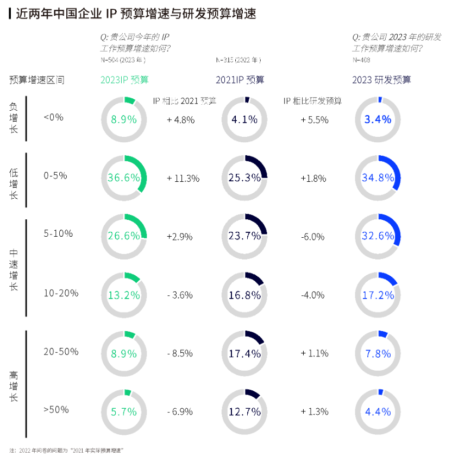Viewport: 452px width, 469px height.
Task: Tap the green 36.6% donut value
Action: point(124,178)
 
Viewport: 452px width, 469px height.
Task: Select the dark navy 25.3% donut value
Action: point(244,178)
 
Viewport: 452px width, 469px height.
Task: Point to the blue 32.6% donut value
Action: point(378,236)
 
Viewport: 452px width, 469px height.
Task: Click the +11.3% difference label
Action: point(183,178)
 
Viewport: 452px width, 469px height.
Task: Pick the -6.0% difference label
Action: point(312,237)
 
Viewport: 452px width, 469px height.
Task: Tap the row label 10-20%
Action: point(61,293)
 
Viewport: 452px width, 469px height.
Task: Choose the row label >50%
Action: point(56,409)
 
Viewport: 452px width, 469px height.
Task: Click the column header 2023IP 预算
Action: point(124,80)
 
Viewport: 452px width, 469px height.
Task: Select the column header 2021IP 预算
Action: point(240,80)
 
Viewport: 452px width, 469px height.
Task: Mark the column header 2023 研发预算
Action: point(381,80)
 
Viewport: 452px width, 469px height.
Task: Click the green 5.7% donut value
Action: point(124,412)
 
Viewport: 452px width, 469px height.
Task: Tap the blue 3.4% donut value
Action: point(378,119)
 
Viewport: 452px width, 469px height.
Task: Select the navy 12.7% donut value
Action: point(244,412)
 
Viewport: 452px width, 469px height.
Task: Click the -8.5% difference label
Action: point(180,353)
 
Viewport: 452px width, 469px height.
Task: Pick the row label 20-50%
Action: point(61,351)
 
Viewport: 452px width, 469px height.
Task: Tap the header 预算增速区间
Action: point(36,80)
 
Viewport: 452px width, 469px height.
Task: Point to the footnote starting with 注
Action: point(66,450)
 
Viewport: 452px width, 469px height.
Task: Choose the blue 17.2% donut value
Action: point(378,295)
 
